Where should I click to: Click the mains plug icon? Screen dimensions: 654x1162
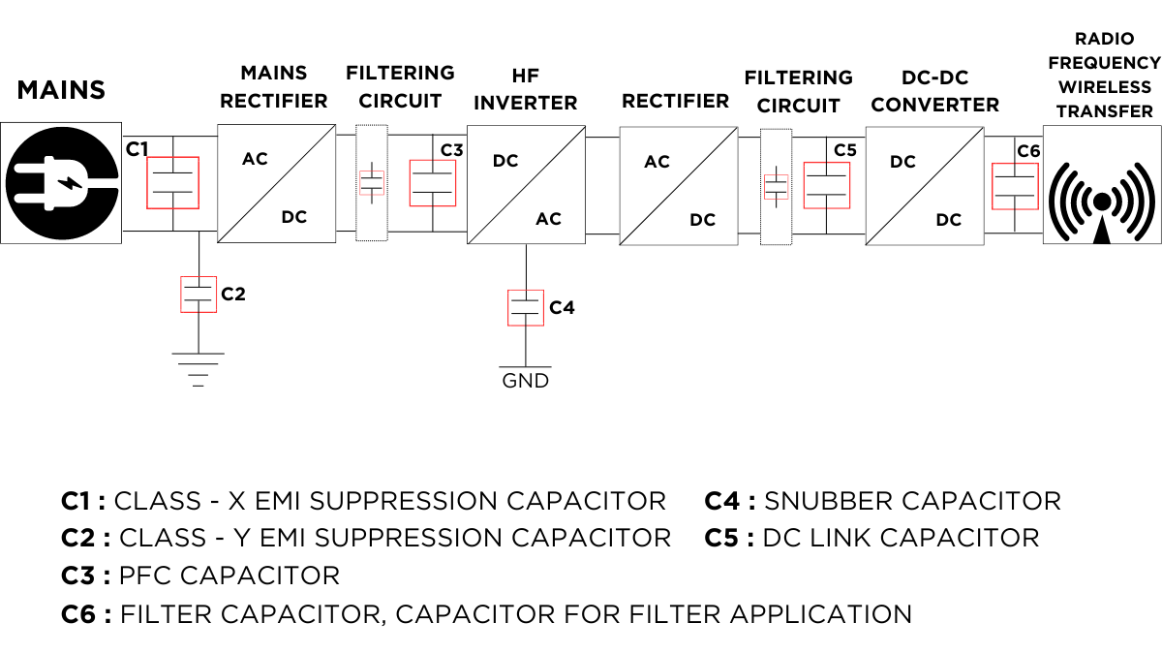coord(60,182)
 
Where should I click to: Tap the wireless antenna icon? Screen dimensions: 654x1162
coord(1101,202)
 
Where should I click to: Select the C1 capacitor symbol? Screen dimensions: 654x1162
coord(172,182)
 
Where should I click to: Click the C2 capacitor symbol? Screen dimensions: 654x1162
coord(198,295)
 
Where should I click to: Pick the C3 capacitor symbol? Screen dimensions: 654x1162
coord(432,182)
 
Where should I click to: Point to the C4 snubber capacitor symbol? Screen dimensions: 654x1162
coord(525,307)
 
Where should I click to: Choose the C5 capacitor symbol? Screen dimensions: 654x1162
coord(826,185)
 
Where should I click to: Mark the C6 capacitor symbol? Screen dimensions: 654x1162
coord(1014,186)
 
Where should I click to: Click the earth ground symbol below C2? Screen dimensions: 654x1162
coord(198,369)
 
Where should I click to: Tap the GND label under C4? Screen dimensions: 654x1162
coord(525,381)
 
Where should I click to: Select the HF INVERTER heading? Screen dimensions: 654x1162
coord(525,88)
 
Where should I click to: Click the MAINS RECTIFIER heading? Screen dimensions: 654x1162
coord(274,86)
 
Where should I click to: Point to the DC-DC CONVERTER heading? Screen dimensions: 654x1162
coord(934,90)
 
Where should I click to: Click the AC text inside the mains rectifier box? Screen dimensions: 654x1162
coord(255,158)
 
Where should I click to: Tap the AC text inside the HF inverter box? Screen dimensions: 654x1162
coord(548,219)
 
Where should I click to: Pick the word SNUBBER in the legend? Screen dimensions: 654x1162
coord(828,501)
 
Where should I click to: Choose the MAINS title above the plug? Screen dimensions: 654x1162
coord(60,90)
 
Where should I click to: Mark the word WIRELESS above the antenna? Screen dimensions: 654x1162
coord(1104,87)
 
